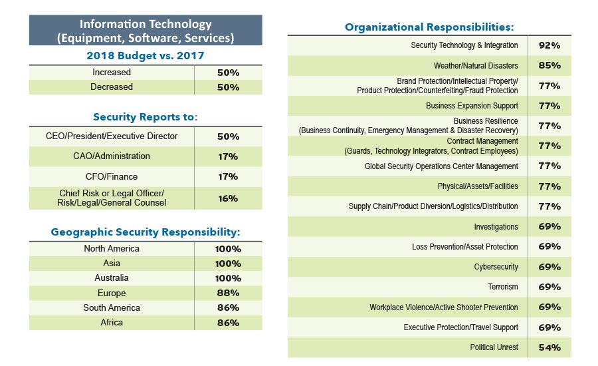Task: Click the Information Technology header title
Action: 146,31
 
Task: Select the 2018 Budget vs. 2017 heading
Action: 146,56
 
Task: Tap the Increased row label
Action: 112,72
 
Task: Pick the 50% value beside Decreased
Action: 228,87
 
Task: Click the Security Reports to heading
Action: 146,117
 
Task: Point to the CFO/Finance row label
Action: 112,176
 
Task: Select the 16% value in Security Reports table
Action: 228,198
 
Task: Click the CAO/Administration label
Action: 112,156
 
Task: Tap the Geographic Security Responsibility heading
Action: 146,232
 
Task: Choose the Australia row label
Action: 112,278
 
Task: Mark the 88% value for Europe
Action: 228,293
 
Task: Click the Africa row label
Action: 112,323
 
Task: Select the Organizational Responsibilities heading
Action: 429,27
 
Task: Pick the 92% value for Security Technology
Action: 549,46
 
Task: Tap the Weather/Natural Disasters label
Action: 476,66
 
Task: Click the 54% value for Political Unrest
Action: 549,347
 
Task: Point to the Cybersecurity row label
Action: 496,267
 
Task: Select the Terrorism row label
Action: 503,287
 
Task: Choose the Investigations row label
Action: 496,227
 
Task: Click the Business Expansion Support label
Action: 472,106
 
